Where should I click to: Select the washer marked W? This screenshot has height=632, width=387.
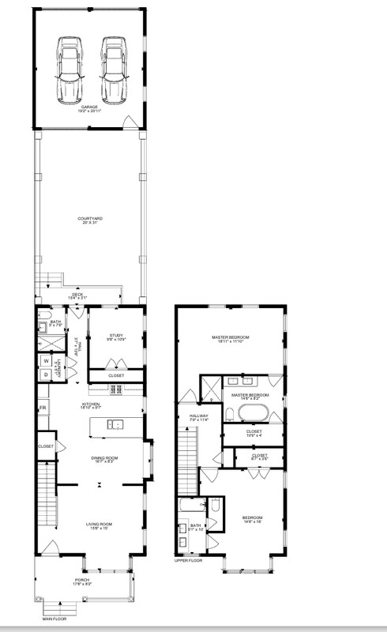point(46,360)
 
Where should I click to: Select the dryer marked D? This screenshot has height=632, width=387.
point(46,374)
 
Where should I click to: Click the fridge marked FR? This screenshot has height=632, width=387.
point(43,408)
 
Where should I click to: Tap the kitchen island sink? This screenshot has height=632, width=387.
point(115,425)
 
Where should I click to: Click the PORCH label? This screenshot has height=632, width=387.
point(83,581)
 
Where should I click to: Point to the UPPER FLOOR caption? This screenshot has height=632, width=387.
point(190,561)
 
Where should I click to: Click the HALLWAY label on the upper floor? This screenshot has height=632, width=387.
point(198,416)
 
